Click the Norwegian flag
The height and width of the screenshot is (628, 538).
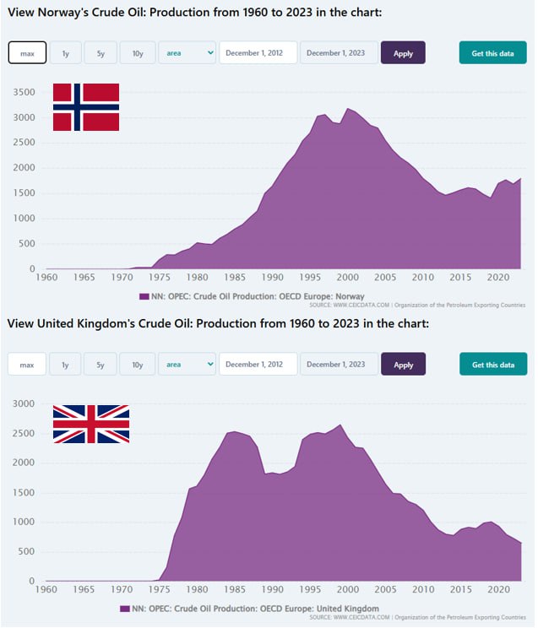(85, 107)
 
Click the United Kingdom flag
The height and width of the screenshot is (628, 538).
(91, 424)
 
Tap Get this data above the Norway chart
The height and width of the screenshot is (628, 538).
(492, 53)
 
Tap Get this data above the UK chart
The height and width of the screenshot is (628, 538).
(492, 365)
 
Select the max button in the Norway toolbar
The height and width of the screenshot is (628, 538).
(27, 53)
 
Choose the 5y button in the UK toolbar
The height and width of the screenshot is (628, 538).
(101, 365)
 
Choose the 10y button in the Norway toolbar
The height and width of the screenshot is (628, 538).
(138, 53)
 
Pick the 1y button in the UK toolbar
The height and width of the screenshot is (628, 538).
(65, 365)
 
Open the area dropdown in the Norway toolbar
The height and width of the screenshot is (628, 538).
(187, 53)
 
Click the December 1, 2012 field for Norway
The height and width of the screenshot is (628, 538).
(258, 53)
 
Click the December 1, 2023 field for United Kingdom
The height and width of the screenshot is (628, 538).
(335, 365)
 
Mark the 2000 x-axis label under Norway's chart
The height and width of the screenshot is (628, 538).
(346, 277)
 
